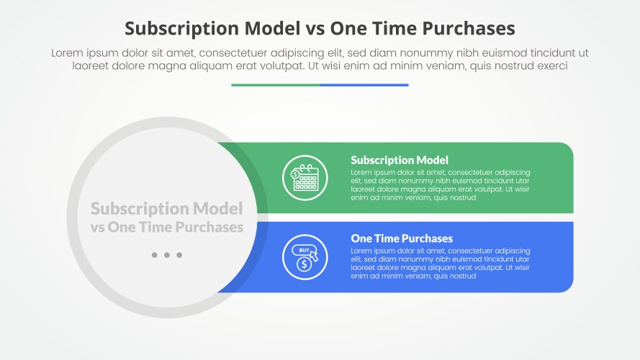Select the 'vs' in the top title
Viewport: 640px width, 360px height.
316,29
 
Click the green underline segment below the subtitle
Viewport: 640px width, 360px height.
276,85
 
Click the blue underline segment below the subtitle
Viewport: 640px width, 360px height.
364,85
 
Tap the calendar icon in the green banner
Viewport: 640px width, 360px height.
305,178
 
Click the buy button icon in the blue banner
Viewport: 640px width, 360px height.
304,250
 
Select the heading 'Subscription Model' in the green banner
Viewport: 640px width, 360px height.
400,160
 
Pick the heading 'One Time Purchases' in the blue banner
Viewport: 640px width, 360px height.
402,238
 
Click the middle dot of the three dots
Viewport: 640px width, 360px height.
167,255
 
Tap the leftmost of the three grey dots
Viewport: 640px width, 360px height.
155,255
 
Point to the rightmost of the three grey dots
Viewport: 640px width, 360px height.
179,255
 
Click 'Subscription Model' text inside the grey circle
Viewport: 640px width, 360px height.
166,209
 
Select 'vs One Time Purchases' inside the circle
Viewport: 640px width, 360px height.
166,227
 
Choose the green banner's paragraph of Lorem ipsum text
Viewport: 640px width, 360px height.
440,185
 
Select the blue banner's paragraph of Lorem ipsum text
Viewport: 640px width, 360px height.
440,263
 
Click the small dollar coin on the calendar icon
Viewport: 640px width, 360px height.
295,174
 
